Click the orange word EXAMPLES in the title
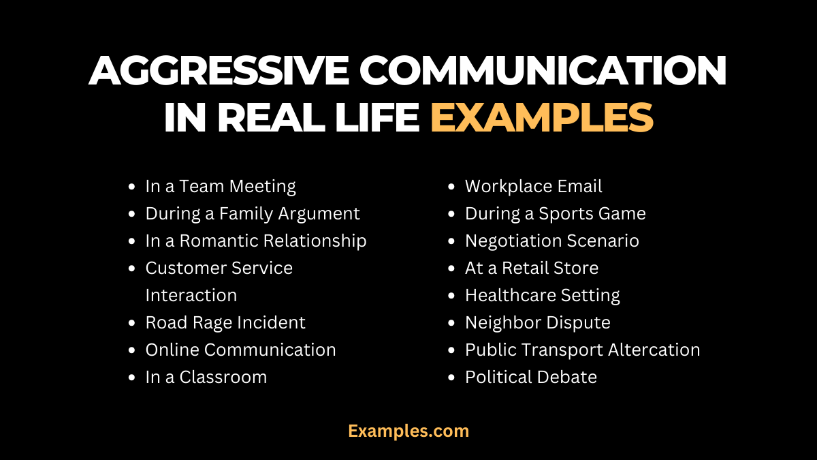[542, 117]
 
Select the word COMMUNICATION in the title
[544, 71]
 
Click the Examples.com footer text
[408, 431]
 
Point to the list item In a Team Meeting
[221, 186]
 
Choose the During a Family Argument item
[253, 213]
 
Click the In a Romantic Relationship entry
[256, 241]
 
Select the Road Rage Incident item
[225, 322]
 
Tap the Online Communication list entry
[240, 350]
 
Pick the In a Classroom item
[206, 377]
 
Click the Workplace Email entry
[533, 186]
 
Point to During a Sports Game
[555, 213]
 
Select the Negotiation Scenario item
[551, 241]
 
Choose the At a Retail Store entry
[531, 268]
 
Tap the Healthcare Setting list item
[542, 295]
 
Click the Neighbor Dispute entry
[537, 322]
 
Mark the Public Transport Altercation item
[582, 350]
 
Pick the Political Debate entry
[530, 377]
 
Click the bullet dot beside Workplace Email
[451, 187]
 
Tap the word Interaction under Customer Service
[191, 295]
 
